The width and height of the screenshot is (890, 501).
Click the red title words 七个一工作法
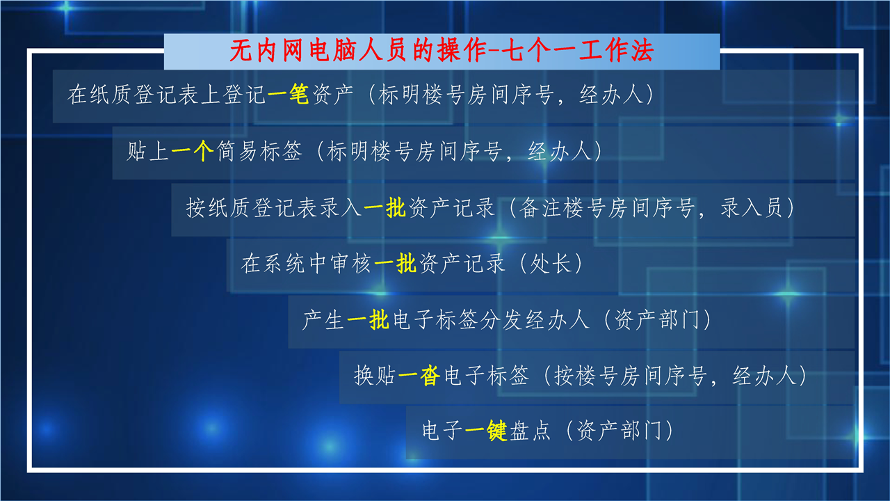pos(578,51)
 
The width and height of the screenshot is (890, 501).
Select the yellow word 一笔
pos(288,95)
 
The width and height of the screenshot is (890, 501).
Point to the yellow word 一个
pos(193,151)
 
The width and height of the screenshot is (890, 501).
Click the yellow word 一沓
pos(419,375)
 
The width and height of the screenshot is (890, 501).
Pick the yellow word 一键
pos(486,430)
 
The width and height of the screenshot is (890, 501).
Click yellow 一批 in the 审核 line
pos(396,263)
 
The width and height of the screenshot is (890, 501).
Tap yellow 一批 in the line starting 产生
pos(368,319)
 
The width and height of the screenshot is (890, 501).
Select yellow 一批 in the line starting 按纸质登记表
pos(385,207)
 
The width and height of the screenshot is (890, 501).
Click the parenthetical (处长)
pos(551,263)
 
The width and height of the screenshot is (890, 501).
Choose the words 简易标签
pos(259,151)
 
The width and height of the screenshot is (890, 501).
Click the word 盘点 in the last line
pos(530,430)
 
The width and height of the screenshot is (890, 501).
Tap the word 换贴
pos(375,375)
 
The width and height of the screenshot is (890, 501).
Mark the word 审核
pos(351,263)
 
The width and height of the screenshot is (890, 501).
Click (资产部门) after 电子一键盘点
pos(619,430)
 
